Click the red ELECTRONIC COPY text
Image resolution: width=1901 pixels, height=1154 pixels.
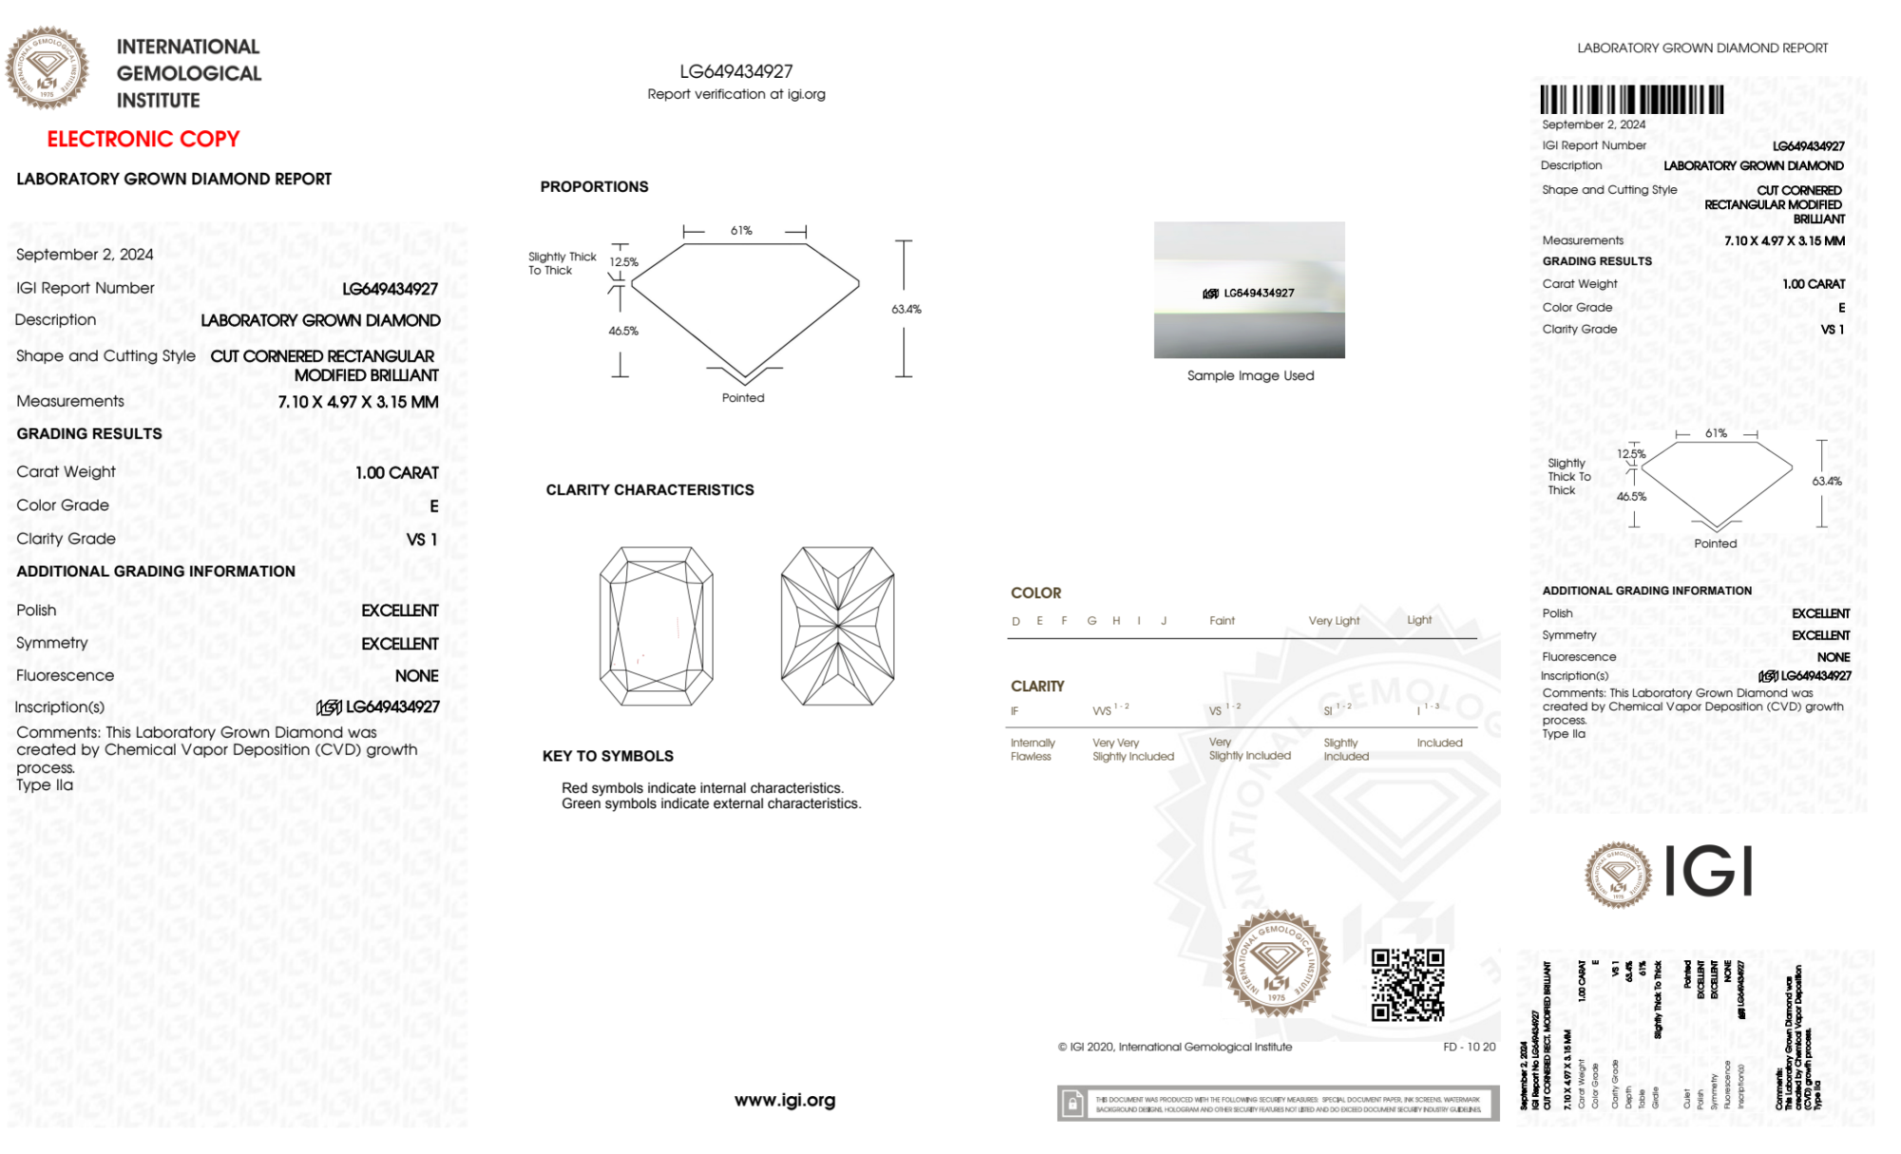pyautogui.click(x=143, y=139)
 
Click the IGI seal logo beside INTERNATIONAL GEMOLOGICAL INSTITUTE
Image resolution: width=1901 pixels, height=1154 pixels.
pyautogui.click(x=47, y=67)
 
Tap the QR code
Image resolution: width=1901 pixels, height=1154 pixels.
pyautogui.click(x=1407, y=984)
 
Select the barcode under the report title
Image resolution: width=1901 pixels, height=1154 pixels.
pyautogui.click(x=1631, y=100)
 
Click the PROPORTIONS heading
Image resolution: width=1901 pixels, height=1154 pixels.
pyautogui.click(x=594, y=187)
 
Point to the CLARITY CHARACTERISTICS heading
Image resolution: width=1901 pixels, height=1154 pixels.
pyautogui.click(x=649, y=490)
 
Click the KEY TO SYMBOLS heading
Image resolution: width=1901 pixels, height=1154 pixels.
pyautogui.click(x=607, y=756)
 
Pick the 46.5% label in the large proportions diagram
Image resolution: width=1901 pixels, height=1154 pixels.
pyautogui.click(x=623, y=331)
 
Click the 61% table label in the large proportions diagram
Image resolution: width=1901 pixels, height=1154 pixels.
pyautogui.click(x=741, y=231)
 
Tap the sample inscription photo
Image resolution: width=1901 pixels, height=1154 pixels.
pyautogui.click(x=1248, y=290)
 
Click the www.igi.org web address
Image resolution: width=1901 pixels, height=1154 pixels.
pyautogui.click(x=784, y=1100)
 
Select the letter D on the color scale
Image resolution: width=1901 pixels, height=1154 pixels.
pyautogui.click(x=1016, y=621)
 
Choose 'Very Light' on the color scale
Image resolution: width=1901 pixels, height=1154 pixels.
pyautogui.click(x=1334, y=621)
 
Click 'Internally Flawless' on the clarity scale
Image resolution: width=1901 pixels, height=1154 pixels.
pyautogui.click(x=1032, y=749)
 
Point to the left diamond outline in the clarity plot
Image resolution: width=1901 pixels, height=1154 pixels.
pyautogui.click(x=656, y=626)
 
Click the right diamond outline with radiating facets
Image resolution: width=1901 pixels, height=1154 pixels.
pyautogui.click(x=837, y=626)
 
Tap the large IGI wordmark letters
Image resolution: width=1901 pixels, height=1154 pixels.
pyautogui.click(x=1708, y=872)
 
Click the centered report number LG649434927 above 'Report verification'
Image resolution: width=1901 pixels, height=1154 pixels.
pyautogui.click(x=735, y=71)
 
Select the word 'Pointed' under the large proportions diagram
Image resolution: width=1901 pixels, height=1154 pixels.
pyautogui.click(x=742, y=398)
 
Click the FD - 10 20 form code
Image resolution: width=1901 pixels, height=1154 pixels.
pyautogui.click(x=1468, y=1047)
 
